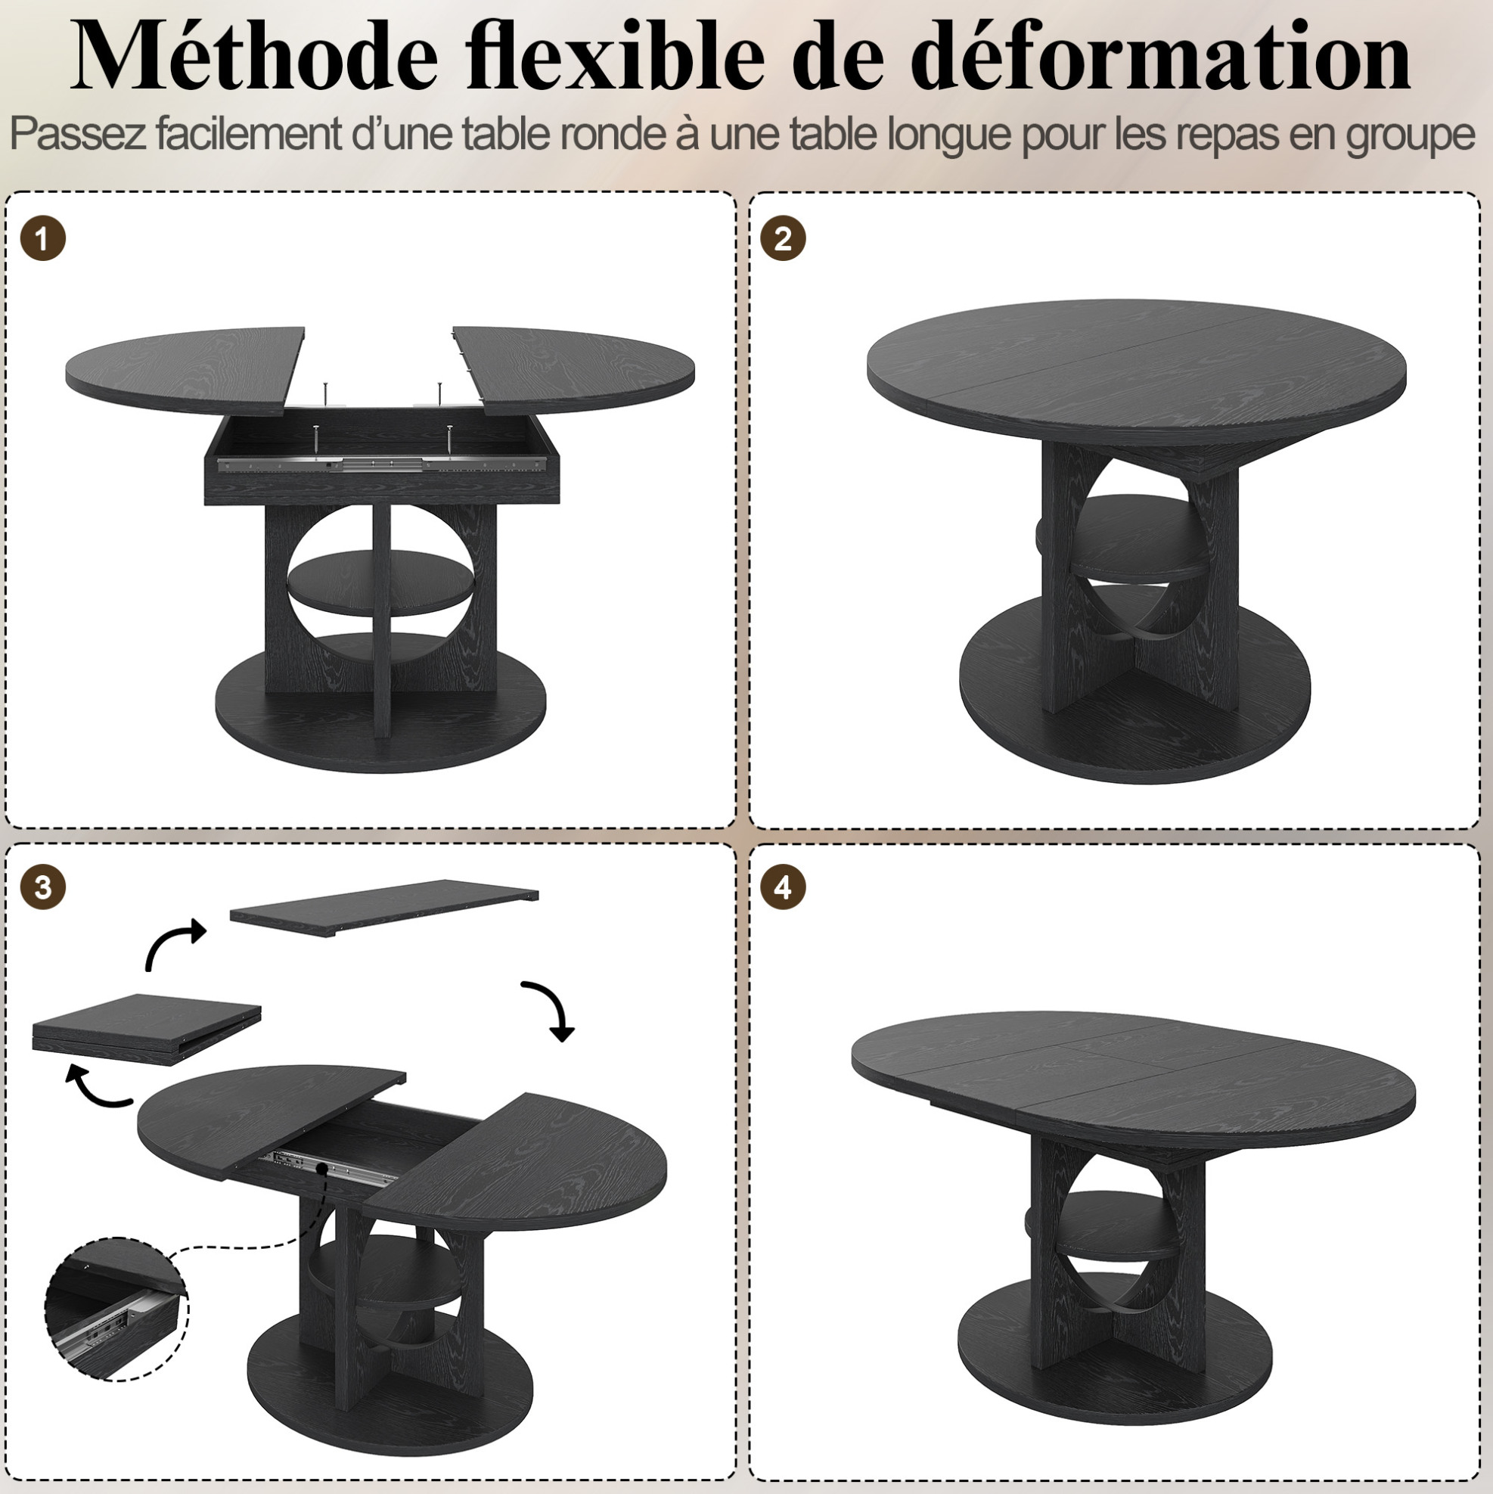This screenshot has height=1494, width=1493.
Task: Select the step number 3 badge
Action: (x=42, y=887)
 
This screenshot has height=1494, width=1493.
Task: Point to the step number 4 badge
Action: (x=784, y=887)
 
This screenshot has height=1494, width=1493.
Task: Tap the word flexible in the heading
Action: (x=616, y=56)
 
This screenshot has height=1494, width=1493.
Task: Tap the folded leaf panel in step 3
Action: (x=147, y=1030)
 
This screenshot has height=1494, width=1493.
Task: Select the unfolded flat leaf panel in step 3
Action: (x=384, y=909)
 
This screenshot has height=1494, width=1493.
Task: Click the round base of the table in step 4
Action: (x=1114, y=1353)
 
